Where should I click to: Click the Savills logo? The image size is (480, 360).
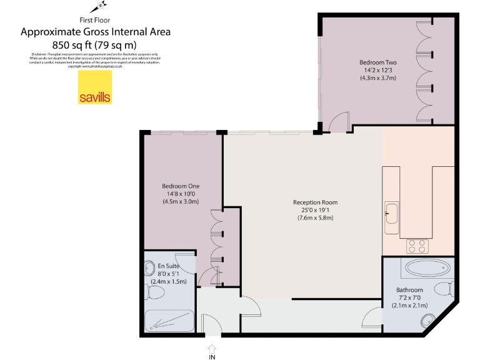94,87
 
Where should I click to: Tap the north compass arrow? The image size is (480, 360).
97,8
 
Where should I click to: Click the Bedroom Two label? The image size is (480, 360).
377,62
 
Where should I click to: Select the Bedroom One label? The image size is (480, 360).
180,186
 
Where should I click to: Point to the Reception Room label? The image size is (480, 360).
315,202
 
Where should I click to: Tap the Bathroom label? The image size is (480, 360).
409,290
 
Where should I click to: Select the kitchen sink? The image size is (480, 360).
392,213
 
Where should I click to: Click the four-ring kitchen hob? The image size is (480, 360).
417,246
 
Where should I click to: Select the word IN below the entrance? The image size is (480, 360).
212,357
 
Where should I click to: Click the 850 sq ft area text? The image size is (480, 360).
96,44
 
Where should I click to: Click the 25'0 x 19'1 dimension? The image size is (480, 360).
315,210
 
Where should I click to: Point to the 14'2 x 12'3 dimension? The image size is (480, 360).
377,70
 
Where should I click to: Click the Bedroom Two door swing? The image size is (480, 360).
341,122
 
